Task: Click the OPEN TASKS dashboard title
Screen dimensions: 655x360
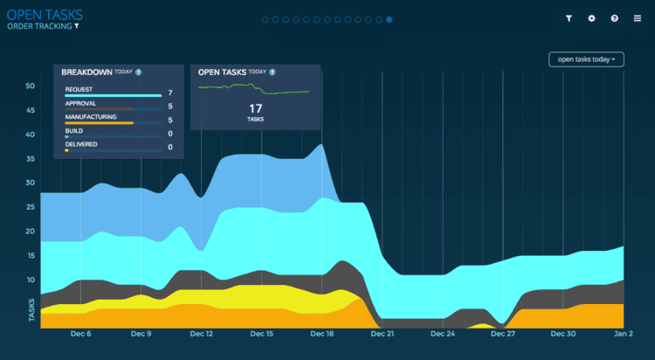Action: pos(45,15)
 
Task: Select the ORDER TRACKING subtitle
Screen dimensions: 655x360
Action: pos(39,26)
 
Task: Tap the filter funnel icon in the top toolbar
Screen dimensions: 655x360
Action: pos(569,18)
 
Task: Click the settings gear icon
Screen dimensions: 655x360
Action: pos(591,18)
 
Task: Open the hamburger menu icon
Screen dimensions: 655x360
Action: pos(637,18)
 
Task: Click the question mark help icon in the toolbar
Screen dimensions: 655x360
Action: pos(614,18)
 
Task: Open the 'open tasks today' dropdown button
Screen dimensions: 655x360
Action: pos(586,59)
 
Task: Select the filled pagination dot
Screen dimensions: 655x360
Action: pos(389,19)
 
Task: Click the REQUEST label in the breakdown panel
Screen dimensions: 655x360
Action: pos(79,89)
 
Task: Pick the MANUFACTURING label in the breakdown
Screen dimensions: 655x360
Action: pos(91,117)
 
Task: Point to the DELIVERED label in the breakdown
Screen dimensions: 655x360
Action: pos(81,144)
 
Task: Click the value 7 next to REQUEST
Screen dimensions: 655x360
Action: pos(170,93)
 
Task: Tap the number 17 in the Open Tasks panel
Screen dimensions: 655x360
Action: pos(255,108)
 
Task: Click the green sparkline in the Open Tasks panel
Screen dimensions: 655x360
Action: pos(253,88)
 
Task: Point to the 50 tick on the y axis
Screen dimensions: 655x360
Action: pos(30,87)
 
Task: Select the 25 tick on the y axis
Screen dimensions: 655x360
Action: pos(30,207)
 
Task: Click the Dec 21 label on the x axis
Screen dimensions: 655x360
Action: pos(383,334)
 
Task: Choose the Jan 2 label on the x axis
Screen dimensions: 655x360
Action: pos(624,334)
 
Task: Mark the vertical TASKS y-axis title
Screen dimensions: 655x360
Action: pos(31,310)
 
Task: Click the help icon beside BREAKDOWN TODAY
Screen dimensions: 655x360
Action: pos(138,73)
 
